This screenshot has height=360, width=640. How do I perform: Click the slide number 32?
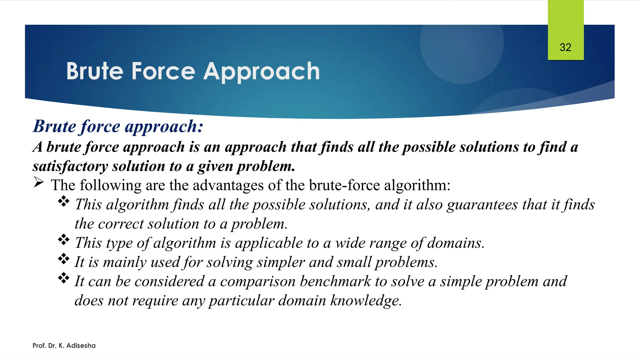point(565,47)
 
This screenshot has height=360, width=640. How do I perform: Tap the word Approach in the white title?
point(262,72)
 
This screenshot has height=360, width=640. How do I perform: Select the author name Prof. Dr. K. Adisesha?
point(64,346)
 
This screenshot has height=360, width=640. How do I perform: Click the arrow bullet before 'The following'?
point(38,182)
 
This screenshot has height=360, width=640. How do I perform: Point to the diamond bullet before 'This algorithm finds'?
point(64,201)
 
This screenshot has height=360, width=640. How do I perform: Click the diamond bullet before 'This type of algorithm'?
point(64,240)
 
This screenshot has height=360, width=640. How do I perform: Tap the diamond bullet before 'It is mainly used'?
point(64,259)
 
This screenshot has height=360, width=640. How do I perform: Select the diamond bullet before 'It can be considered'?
point(64,278)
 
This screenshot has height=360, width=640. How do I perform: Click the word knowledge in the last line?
point(366,301)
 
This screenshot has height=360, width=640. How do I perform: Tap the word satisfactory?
point(70,166)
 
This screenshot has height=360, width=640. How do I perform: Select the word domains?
point(456,243)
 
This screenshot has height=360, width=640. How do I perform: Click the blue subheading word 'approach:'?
point(164,127)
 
